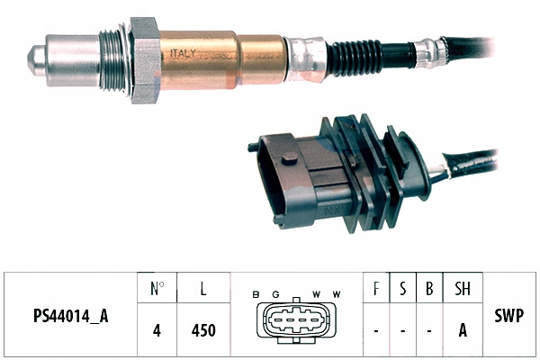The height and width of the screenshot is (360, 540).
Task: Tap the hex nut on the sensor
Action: coord(145,59)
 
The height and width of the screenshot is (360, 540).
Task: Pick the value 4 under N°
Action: coord(157,330)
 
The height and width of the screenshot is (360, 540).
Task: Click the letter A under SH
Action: coord(463,330)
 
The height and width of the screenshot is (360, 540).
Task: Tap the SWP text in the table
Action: coord(509,317)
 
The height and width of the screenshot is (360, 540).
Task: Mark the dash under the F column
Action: coord(375,330)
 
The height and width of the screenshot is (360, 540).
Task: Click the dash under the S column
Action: coord(402,330)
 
